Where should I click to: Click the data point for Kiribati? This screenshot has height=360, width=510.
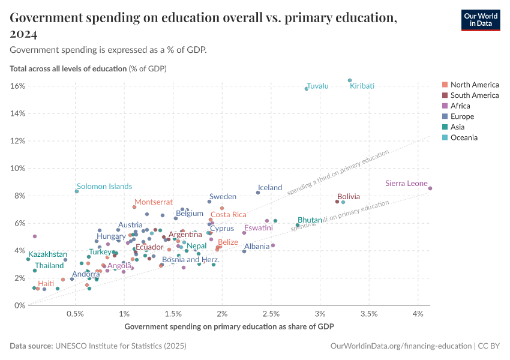350,80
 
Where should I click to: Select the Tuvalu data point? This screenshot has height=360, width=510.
306,89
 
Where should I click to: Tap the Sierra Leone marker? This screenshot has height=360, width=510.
430,188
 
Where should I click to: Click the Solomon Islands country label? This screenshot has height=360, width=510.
104,187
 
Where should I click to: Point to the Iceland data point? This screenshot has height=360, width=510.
258,193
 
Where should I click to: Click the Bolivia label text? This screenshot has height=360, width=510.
349,196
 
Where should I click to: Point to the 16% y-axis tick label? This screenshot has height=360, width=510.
17,86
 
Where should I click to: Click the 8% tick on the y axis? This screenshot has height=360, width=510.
19,196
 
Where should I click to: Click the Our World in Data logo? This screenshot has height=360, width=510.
481,20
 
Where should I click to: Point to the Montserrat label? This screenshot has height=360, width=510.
154,202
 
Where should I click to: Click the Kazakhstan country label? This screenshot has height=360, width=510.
48,254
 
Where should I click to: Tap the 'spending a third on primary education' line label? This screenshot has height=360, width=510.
338,173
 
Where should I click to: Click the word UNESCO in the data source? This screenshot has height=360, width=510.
71,346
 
